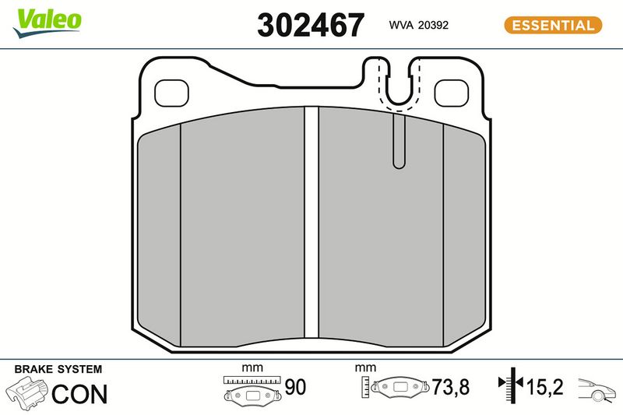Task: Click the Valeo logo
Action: (47, 23)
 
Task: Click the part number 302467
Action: (311, 25)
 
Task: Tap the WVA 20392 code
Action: (418, 25)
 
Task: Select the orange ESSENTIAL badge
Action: (553, 25)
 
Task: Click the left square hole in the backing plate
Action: (171, 93)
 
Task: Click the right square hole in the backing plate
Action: (452, 93)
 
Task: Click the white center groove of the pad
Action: (311, 227)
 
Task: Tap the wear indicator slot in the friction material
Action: (399, 140)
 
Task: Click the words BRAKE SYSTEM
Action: (58, 369)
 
